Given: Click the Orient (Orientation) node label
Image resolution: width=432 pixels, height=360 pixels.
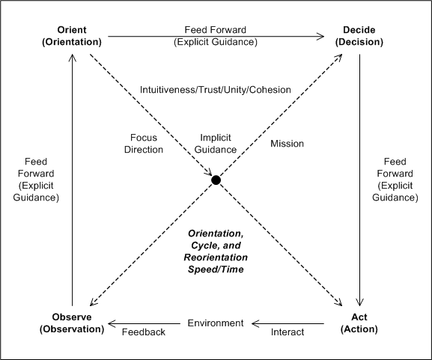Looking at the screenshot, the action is tap(72, 36).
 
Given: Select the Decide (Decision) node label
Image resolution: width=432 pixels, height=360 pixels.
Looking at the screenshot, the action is tap(359, 36).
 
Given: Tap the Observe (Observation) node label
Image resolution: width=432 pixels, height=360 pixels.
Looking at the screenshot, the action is tap(72, 323).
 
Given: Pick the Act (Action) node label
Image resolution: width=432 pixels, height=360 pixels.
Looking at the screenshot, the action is tap(359, 323).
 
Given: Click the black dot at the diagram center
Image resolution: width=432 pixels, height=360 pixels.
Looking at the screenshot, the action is tap(216, 180).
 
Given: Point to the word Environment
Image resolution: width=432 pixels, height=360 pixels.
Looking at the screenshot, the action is tap(216, 323).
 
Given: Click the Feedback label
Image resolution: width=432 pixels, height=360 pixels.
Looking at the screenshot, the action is tap(144, 332).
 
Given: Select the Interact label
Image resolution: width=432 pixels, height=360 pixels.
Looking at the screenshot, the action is tap(288, 332).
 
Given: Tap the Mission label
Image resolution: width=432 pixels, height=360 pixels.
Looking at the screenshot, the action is tap(287, 144).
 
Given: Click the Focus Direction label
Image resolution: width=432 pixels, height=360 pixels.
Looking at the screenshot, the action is tap(144, 144).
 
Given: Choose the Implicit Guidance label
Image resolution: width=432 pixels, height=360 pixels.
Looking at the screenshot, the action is tap(216, 144).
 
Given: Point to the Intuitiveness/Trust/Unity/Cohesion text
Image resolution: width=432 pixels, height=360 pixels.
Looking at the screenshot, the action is tap(216, 90).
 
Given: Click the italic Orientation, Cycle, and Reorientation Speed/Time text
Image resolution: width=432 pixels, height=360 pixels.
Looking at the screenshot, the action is tap(216, 251).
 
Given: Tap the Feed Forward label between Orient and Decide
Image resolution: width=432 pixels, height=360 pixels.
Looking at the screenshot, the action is tap(216, 36).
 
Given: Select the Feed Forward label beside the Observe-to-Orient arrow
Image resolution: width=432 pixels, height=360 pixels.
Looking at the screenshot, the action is tap(36, 180).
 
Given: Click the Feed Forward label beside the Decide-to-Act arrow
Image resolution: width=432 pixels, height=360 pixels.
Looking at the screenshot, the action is tap(395, 180).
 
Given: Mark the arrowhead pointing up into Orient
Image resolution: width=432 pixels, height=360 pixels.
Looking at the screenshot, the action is tap(73, 58).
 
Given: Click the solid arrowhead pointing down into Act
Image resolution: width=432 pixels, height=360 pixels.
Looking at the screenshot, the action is tap(359, 302).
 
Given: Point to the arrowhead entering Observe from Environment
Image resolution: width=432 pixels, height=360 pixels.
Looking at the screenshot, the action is tap(112, 323).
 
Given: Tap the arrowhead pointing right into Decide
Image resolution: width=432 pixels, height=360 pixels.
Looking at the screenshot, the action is tap(320, 37).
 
